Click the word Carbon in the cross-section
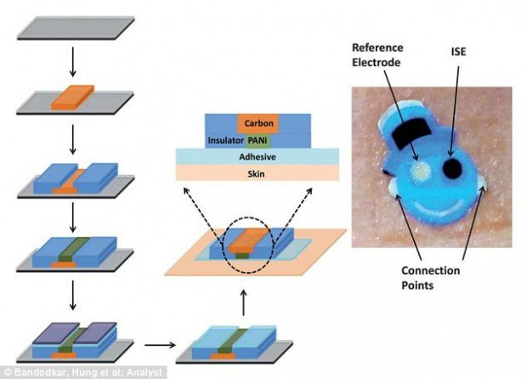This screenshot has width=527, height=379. click(258, 123)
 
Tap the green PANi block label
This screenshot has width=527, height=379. click(258, 140)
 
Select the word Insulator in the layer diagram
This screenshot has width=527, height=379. click(225, 140)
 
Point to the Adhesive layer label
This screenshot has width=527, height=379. click(258, 157)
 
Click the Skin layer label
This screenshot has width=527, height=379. click(256, 173)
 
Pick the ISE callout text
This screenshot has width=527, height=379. click(458, 52)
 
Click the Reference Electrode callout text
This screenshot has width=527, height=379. click(377, 54)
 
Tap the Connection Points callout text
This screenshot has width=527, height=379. click(431, 278)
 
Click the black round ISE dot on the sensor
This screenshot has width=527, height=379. click(453, 168)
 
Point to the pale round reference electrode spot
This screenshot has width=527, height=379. click(420, 171)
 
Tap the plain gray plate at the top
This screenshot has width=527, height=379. click(76, 28)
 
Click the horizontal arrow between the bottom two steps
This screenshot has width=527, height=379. click(160, 345)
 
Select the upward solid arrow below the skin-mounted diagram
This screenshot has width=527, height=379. click(244, 303)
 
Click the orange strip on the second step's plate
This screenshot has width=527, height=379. click(72, 97)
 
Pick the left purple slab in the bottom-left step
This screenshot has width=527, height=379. click(56, 332)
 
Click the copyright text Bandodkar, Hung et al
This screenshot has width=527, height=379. click(84, 372)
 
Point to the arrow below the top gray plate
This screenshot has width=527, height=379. click(72, 62)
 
